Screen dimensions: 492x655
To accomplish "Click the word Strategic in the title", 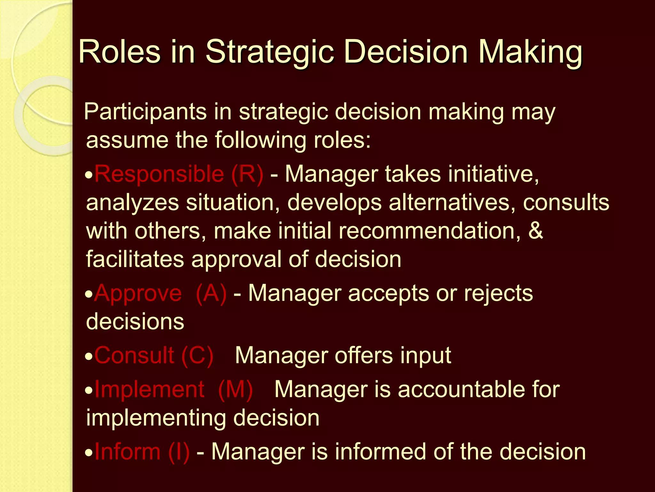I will click(270, 52).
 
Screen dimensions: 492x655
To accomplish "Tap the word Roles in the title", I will click(119, 52).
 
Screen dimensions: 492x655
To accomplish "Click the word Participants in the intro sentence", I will click(145, 112).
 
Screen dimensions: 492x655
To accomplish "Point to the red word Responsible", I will click(159, 174).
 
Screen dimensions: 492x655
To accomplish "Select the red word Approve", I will click(138, 293).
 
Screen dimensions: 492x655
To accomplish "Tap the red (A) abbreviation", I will click(211, 293).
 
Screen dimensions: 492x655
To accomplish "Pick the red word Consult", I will click(134, 355).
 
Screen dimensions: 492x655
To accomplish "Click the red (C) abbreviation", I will click(197, 356).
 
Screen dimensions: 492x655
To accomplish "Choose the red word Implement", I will click(149, 389).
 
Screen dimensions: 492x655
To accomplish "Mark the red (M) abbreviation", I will click(235, 390).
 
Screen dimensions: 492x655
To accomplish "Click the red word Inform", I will click(127, 452).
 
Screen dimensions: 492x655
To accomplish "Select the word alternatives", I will click(452, 202).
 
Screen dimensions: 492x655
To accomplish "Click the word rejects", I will click(498, 293).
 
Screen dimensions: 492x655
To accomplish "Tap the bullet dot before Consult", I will click(89, 357).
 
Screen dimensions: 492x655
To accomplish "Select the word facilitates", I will click(135, 259).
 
